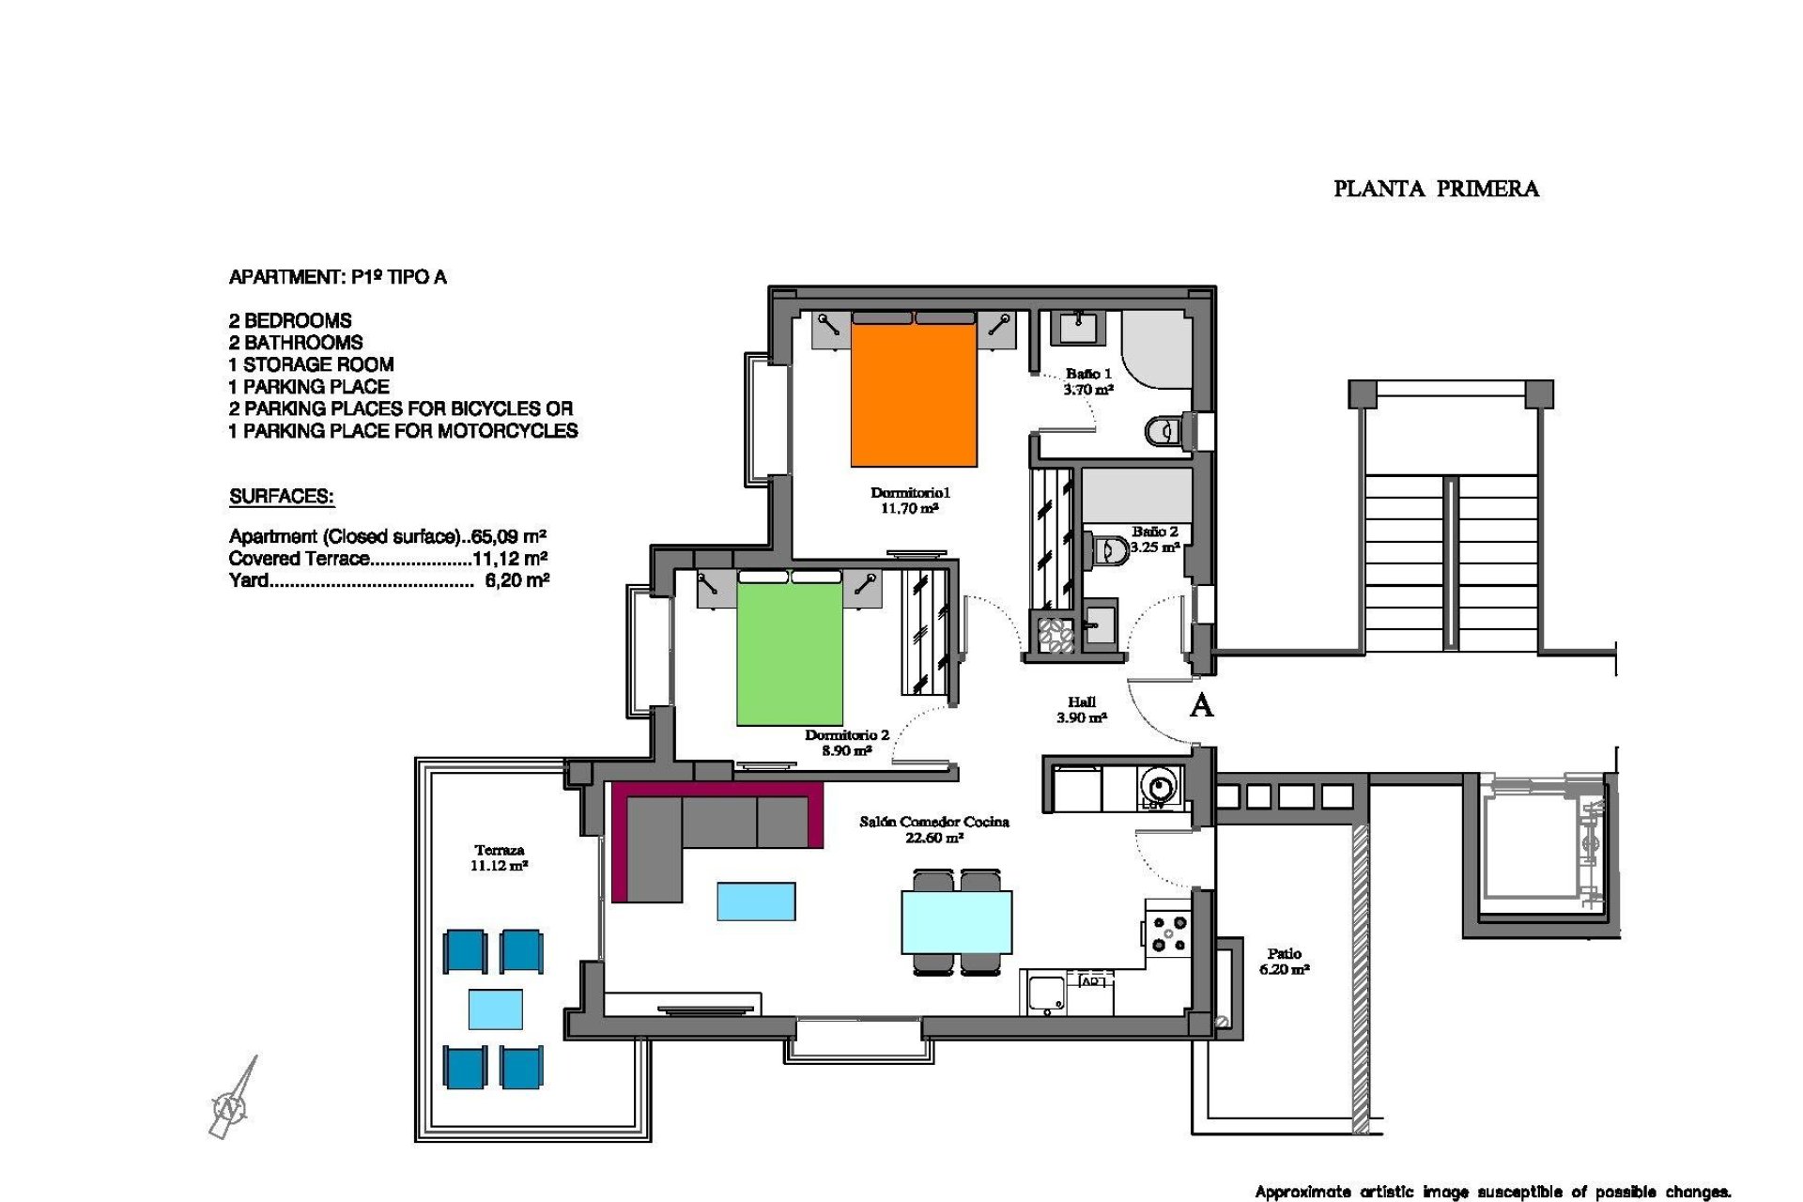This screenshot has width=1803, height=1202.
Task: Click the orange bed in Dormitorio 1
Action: coord(913,394)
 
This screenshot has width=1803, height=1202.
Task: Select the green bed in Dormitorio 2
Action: coord(789,654)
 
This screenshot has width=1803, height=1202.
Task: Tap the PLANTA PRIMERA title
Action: coord(1436,189)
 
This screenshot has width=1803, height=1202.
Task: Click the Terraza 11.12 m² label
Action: coord(499,857)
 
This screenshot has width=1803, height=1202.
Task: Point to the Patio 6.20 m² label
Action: coord(1284,961)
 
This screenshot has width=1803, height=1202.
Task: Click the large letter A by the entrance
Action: coord(1201,705)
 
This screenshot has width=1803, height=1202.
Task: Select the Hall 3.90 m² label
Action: coord(1081,709)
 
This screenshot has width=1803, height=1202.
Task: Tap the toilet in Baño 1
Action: coord(1162,431)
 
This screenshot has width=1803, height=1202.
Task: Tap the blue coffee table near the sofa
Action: coord(756,901)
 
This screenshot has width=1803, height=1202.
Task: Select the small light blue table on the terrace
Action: coord(495,1009)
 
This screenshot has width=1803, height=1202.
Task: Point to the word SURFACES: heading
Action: coord(282,497)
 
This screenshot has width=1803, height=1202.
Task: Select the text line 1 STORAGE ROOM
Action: coord(311,364)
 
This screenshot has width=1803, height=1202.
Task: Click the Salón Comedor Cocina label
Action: coord(933,822)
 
